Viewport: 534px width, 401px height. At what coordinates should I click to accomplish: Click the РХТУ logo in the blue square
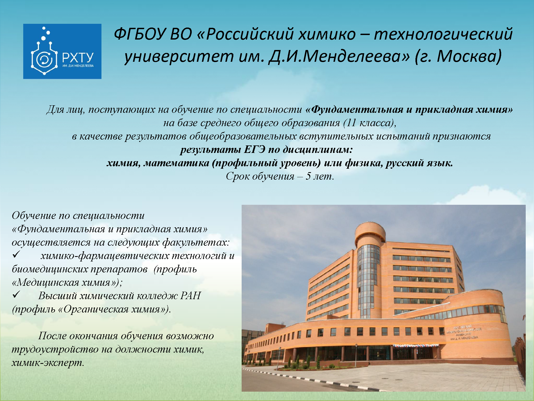click(62, 51)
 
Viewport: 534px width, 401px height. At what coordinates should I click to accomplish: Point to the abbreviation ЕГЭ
click(254, 149)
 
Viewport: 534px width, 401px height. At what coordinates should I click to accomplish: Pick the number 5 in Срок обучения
click(308, 176)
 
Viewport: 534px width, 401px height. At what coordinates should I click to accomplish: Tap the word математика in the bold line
click(176, 163)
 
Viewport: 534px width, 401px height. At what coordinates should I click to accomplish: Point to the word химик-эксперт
click(48, 363)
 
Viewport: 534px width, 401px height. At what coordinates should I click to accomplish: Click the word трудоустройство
click(55, 349)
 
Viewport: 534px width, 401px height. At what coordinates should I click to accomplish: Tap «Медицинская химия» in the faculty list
click(65, 282)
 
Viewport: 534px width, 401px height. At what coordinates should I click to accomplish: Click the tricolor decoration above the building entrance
click(416, 346)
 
